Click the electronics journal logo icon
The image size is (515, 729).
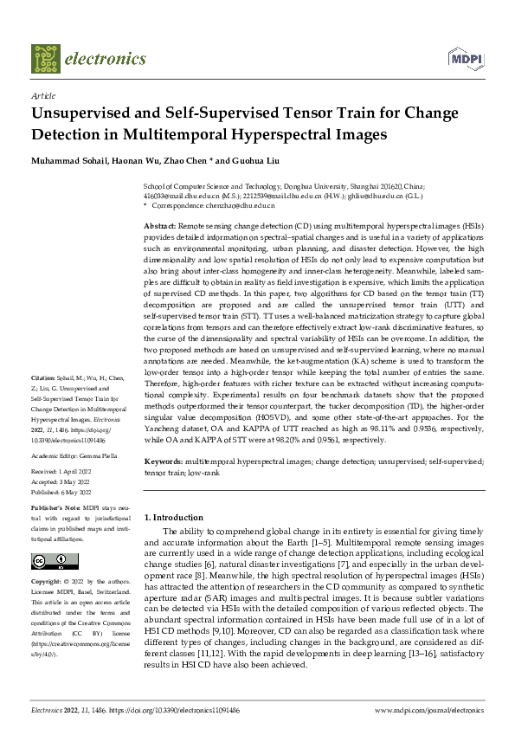click(46, 59)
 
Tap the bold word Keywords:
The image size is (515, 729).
click(164, 463)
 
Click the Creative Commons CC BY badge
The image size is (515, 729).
click(49, 561)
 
